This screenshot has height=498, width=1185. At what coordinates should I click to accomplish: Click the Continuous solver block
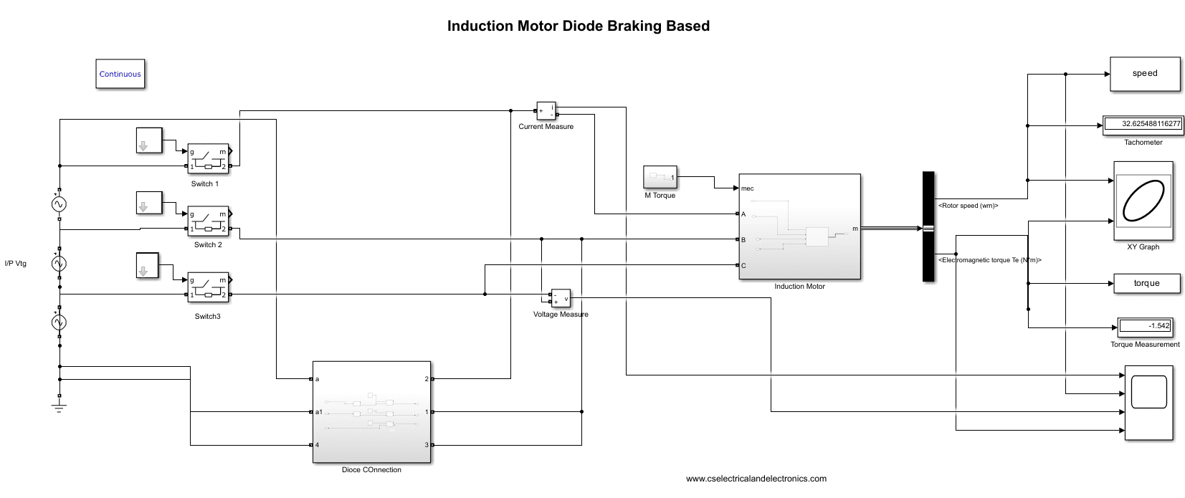tap(120, 74)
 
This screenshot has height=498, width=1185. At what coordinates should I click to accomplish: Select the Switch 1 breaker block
tap(208, 159)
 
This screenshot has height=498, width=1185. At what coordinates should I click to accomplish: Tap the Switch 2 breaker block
tap(208, 221)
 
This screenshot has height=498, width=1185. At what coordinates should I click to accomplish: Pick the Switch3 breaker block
tap(208, 287)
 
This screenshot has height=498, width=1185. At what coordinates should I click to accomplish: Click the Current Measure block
tap(546, 111)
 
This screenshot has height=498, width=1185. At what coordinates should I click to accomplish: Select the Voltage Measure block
tap(561, 298)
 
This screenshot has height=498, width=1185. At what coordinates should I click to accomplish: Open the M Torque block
tap(660, 177)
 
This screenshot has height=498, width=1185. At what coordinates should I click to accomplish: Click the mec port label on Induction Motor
tap(748, 188)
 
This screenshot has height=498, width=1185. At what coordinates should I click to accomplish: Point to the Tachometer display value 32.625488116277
tap(1143, 124)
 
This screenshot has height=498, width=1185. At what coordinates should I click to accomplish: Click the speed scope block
tap(1145, 74)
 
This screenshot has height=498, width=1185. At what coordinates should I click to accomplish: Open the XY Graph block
tap(1143, 201)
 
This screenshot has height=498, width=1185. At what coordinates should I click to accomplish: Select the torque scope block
tap(1146, 284)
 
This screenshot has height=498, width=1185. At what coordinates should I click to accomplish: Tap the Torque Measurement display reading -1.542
tap(1146, 326)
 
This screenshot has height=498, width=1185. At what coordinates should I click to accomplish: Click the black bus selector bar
tap(928, 226)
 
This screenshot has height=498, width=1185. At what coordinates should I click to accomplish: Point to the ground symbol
tap(60, 407)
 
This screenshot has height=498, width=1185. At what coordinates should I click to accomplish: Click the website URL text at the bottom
tap(756, 479)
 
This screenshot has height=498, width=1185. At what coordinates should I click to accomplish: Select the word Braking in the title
tap(634, 26)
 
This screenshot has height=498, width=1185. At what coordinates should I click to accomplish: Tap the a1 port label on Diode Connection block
tap(319, 412)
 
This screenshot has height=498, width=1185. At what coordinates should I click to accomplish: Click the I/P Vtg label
tap(16, 264)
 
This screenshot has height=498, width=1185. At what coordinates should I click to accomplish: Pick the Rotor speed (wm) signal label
tap(968, 206)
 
